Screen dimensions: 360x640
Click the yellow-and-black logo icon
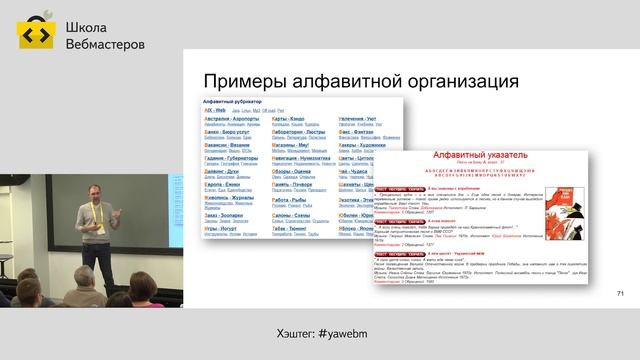click(35, 36)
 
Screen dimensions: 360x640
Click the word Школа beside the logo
click(87, 28)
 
